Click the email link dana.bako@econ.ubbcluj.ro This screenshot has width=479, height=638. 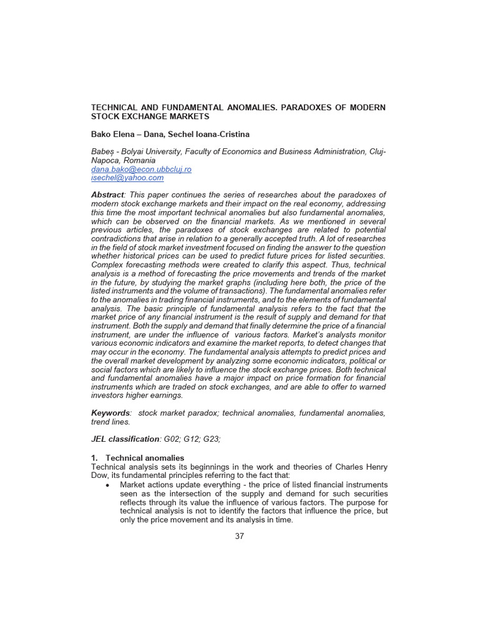click(141, 169)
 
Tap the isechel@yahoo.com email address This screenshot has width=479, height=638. click(127, 178)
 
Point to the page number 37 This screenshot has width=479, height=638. click(239, 536)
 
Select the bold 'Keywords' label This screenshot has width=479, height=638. click(111, 412)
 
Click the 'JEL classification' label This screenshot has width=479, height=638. click(125, 439)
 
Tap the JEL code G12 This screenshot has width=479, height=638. click(191, 439)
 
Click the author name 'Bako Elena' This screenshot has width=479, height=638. click(114, 134)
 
